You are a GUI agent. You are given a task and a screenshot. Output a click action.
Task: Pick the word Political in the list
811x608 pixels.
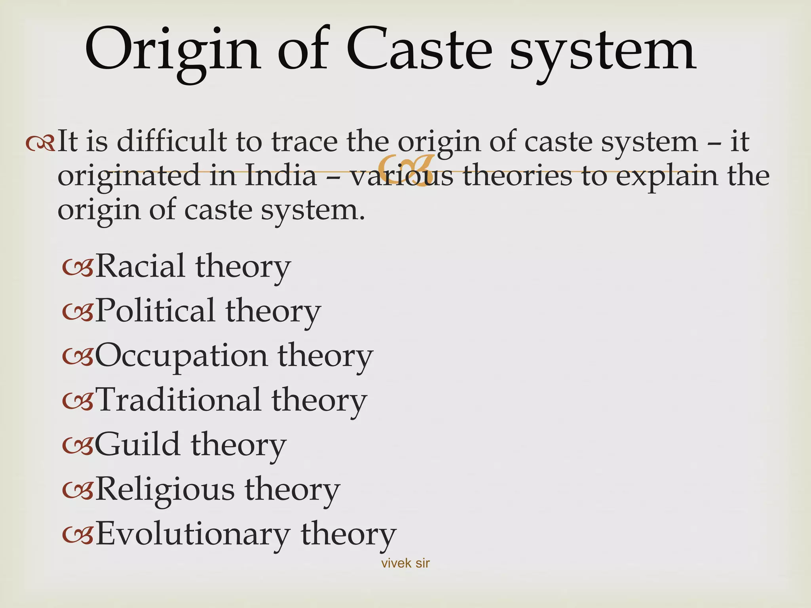point(155,310)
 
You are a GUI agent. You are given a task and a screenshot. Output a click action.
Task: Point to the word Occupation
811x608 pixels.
point(181,355)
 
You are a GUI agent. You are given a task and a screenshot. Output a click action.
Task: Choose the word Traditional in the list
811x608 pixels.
point(178,400)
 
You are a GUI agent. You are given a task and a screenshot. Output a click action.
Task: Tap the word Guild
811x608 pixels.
point(137,445)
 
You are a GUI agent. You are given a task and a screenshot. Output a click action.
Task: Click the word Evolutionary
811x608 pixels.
point(193,534)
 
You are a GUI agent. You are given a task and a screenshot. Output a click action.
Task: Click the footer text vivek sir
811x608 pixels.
point(405,563)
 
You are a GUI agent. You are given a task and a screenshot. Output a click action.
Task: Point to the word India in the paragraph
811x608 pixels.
point(281,175)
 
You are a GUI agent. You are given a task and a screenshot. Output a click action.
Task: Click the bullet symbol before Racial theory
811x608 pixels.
point(78,268)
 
